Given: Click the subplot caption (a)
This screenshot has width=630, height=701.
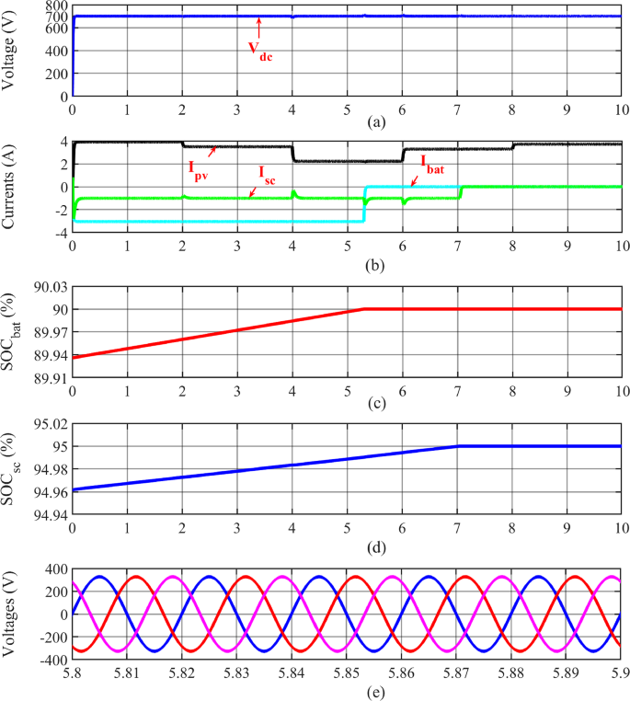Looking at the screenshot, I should point(348,121).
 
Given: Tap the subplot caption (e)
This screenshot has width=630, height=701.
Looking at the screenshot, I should point(348,689).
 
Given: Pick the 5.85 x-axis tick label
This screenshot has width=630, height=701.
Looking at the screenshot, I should point(348,673).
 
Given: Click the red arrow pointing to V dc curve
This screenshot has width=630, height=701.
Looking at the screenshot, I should point(259,27).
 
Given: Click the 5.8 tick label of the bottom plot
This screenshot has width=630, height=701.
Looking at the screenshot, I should point(73,673).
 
